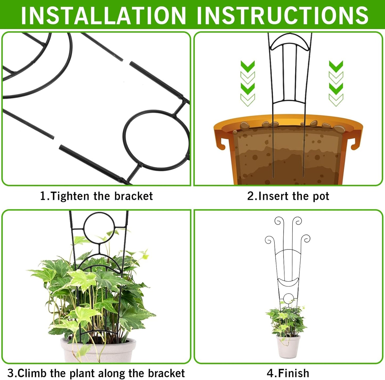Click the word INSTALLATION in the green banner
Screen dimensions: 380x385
(x=103, y=15)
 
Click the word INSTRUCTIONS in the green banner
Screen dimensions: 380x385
(x=282, y=15)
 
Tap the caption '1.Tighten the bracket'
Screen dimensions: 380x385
(x=96, y=196)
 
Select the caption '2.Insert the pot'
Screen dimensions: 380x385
(x=288, y=196)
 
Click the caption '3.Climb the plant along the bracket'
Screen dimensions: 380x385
(x=96, y=373)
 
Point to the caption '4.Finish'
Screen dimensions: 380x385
(x=288, y=373)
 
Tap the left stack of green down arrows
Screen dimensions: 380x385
(x=248, y=83)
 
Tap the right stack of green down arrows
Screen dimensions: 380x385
(x=336, y=83)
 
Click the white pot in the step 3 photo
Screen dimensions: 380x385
(x=98, y=350)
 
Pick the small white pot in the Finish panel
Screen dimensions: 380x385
(x=288, y=346)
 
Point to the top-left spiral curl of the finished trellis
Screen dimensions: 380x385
(x=278, y=221)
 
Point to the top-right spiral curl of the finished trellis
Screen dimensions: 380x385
(x=297, y=221)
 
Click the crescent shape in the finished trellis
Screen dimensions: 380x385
(x=288, y=282)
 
